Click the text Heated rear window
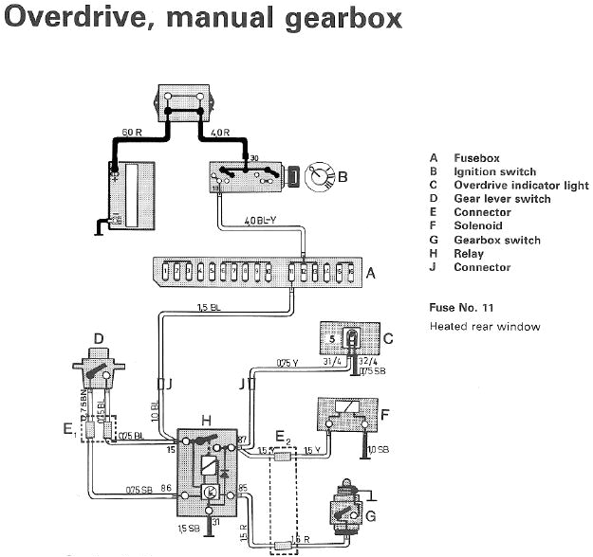click(x=485, y=327)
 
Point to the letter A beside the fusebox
click(x=371, y=273)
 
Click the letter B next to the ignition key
click(x=343, y=176)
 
